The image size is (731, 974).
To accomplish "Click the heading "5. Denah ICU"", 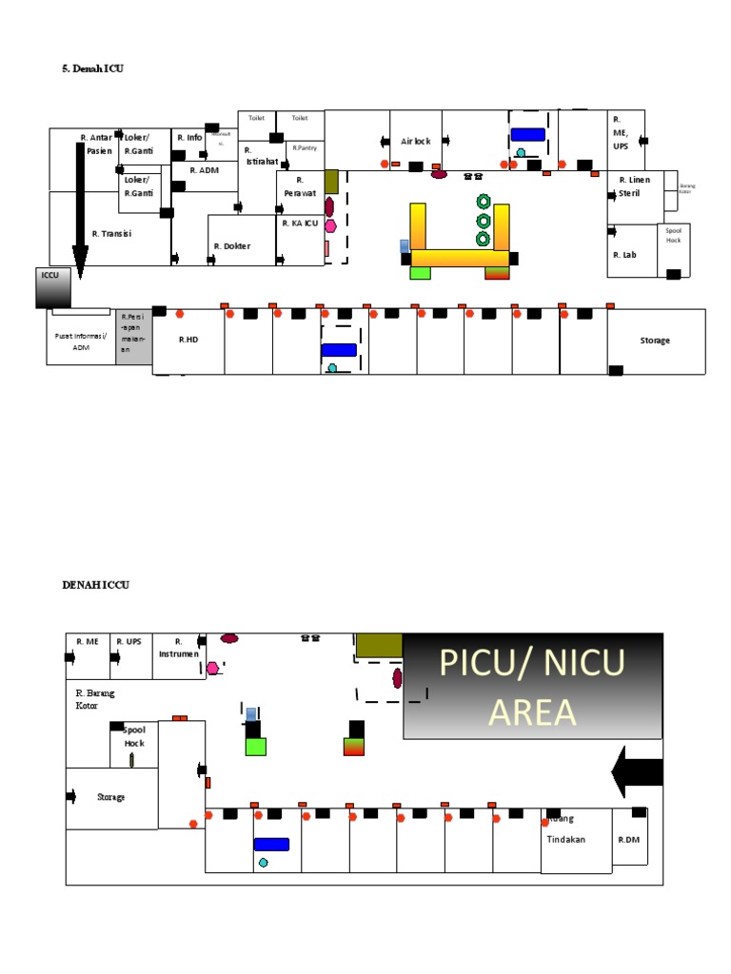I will (x=93, y=68).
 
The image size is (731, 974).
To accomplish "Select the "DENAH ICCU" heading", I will (x=95, y=585).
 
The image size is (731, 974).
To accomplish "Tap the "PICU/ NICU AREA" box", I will (x=532, y=686).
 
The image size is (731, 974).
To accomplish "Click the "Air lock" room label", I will (x=415, y=141).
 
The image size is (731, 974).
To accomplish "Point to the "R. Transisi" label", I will (x=111, y=232).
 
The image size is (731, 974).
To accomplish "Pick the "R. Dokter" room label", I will (x=232, y=245).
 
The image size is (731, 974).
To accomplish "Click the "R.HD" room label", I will (x=188, y=339).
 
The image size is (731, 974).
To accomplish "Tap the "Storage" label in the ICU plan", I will (x=655, y=340).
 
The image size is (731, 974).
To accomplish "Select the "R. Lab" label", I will (x=624, y=255).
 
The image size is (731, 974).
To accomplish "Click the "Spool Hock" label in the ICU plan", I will (x=674, y=235).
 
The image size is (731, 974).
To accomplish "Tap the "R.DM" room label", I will (x=628, y=840).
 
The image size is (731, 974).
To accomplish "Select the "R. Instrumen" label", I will (x=178, y=648).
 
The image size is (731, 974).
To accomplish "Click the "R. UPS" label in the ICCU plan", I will (x=128, y=641).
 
